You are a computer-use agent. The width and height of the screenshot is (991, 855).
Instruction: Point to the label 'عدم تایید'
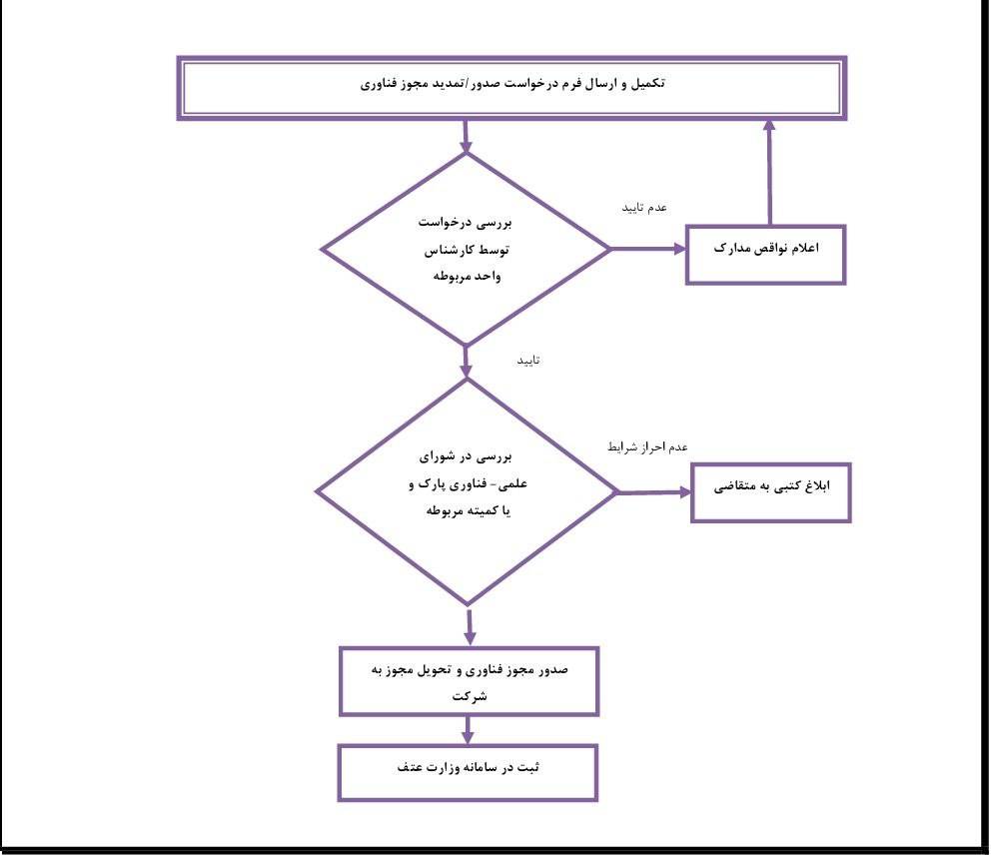pos(644,208)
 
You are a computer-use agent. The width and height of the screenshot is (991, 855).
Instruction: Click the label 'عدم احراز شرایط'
pos(647,446)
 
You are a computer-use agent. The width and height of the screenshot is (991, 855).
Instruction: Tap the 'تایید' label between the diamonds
pos(528,361)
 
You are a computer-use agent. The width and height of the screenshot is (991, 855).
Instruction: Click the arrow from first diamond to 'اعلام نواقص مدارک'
pos(648,249)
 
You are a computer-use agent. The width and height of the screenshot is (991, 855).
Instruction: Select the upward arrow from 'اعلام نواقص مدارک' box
pos(769,172)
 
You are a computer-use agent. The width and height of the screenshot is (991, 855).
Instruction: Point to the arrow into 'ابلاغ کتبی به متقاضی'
pos(654,492)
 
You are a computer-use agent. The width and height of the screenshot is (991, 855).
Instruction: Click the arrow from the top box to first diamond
pos(466,137)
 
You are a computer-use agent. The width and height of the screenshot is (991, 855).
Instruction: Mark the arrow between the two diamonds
pos(467,363)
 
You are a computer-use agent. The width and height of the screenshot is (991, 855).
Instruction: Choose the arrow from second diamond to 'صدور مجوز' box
pos(469,627)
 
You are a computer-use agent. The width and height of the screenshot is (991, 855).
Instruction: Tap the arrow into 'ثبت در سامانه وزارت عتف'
pos(468,730)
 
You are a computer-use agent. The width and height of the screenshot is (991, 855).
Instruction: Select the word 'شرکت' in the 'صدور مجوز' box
pos(470,696)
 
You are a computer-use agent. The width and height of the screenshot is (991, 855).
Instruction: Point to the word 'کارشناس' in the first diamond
pos(450,251)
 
